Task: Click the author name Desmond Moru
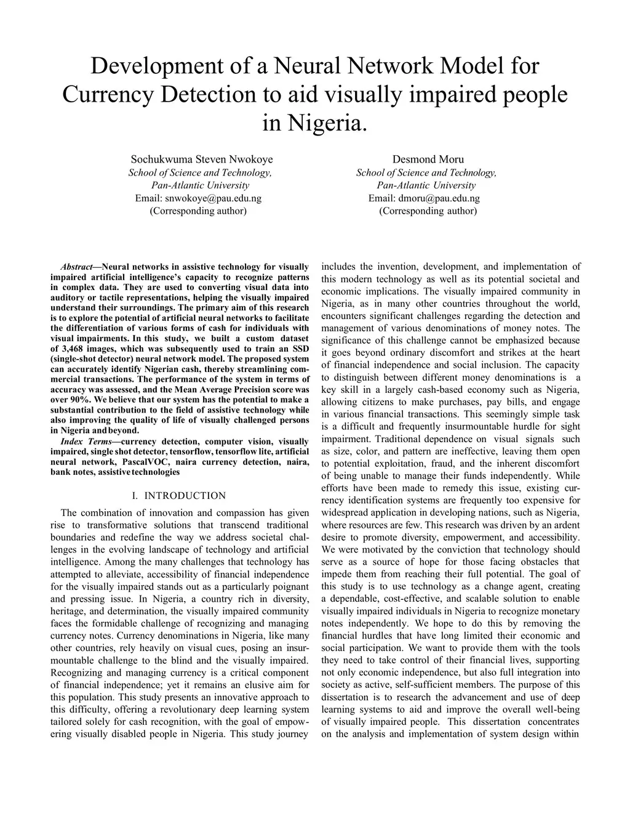coord(428,160)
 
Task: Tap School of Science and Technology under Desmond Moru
coord(426,173)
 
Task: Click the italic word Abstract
coord(76,267)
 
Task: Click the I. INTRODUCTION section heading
coord(179,496)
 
